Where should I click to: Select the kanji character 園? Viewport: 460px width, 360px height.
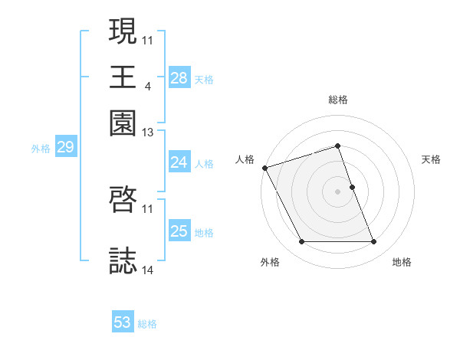tap(123, 123)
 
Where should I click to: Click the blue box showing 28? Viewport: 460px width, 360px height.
tap(179, 77)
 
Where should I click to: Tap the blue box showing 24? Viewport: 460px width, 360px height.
tap(179, 162)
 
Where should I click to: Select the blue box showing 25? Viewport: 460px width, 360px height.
tap(179, 231)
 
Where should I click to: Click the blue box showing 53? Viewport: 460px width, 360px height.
tap(123, 322)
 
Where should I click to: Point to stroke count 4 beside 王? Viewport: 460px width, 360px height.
tap(146, 86)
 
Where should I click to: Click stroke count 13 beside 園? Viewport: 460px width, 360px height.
tap(148, 133)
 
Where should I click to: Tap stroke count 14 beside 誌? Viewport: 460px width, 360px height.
tap(148, 270)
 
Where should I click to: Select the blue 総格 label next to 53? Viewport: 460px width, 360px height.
tap(147, 324)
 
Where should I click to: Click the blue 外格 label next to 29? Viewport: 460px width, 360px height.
tap(41, 149)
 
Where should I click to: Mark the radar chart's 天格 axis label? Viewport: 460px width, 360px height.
tap(431, 159)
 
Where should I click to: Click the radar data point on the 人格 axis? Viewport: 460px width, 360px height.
tap(264, 168)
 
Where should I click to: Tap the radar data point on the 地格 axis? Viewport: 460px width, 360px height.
tap(373, 242)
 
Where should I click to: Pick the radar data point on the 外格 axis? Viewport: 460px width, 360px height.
tap(301, 242)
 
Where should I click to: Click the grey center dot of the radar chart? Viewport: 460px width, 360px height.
tap(337, 191)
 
